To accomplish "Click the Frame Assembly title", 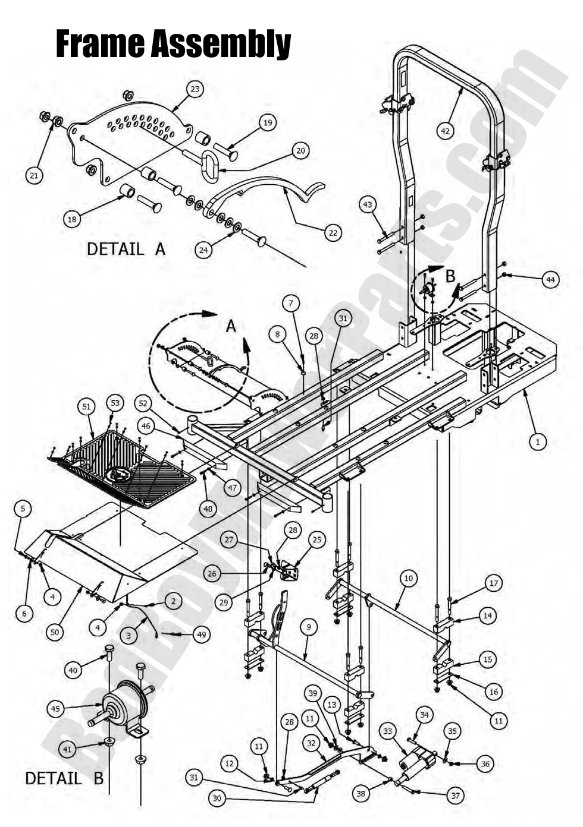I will [173, 43].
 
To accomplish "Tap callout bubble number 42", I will [446, 130].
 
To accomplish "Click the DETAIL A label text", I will [126, 249].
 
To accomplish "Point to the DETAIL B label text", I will [64, 778].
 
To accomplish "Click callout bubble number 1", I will [538, 441].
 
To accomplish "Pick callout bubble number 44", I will [551, 279].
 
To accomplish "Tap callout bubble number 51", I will [87, 406].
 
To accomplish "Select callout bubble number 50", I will [55, 632].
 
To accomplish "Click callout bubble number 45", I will [56, 709].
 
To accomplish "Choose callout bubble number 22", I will [333, 233].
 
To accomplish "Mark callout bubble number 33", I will [388, 732].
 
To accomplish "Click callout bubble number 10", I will [408, 577].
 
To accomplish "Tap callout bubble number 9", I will [308, 626].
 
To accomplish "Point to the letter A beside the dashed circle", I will [231, 326].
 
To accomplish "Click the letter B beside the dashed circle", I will [450, 276].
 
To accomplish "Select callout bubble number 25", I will [317, 539].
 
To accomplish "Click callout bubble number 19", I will [268, 122].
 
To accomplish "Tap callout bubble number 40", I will [73, 670].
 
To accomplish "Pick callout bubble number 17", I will [493, 583].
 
